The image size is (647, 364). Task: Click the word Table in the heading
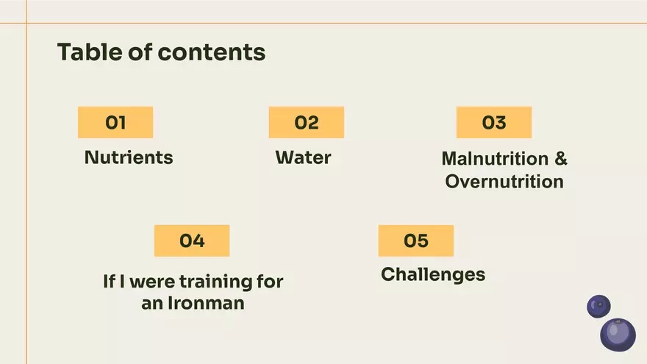tap(89, 52)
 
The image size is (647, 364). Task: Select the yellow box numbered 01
tap(115, 123)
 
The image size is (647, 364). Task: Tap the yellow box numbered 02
tap(307, 123)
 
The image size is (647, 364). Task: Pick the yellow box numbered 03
tap(494, 123)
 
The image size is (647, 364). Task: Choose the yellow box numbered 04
tap(192, 240)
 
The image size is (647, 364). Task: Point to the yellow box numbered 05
tap(416, 240)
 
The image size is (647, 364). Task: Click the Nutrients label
tap(129, 157)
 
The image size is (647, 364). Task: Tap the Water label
tap(303, 157)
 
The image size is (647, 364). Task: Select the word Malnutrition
tap(495, 159)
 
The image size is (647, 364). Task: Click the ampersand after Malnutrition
tap(561, 159)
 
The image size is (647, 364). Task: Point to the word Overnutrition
tap(504, 182)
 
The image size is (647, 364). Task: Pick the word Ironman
tap(206, 303)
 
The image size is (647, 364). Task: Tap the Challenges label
tap(433, 275)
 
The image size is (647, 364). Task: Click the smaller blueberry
tap(598, 306)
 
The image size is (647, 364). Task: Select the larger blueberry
tap(618, 335)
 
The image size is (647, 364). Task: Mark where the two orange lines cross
tap(26, 23)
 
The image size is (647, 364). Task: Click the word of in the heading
tap(140, 52)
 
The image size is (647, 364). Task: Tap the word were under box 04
tap(152, 282)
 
